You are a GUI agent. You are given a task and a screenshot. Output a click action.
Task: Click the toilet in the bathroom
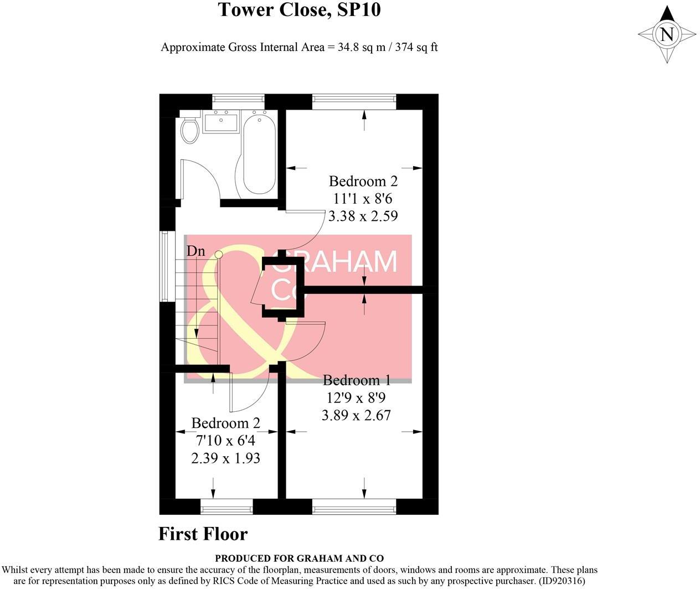point(190,130)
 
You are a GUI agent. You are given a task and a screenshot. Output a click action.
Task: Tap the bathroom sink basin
point(221,122)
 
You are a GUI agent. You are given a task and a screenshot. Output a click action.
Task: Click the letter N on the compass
point(667,34)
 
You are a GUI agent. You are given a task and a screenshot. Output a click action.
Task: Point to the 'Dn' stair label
point(195,251)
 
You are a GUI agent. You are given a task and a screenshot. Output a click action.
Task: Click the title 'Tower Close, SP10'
point(299,10)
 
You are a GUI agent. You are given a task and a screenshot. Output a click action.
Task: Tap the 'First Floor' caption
point(203,534)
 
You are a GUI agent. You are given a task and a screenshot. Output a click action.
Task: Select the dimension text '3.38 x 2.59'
point(363,216)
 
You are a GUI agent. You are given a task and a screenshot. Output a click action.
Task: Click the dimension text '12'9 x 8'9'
point(357,397)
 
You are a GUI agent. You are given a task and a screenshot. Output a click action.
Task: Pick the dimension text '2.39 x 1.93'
point(225,458)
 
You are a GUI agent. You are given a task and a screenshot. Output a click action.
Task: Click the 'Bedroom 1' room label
point(357,380)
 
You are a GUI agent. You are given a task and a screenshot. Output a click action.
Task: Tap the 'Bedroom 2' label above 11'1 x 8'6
point(363,181)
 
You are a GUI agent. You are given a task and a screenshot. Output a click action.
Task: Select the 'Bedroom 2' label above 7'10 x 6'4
point(225,423)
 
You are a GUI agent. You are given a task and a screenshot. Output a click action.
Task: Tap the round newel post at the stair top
point(218,255)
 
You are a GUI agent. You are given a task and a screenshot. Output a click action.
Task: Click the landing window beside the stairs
point(164,266)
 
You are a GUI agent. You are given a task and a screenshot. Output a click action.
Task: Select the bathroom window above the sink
point(238,100)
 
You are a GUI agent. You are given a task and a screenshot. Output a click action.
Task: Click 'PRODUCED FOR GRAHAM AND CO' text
point(299,559)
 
